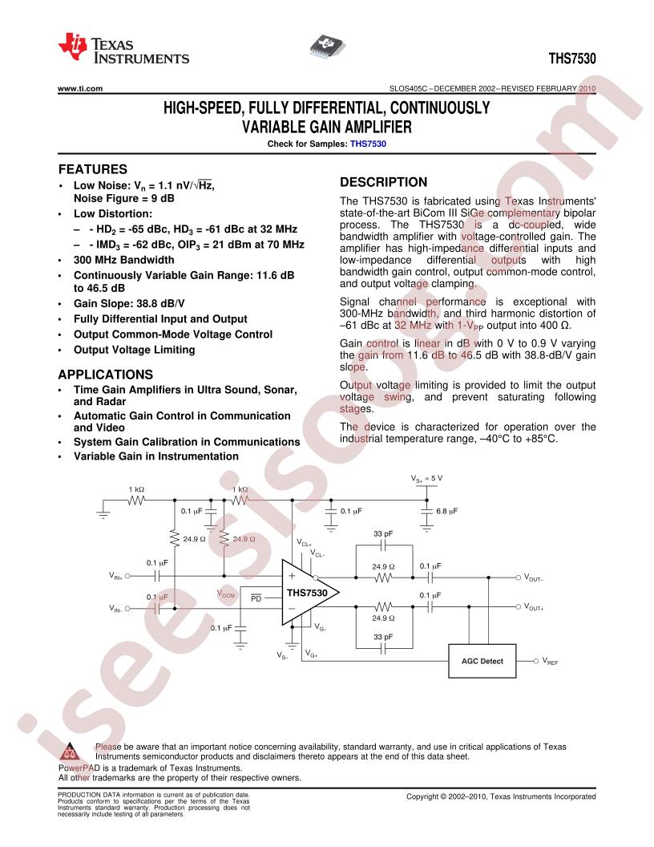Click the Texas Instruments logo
[124, 49]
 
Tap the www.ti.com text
[80, 89]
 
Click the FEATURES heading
[93, 169]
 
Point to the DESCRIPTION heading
[383, 182]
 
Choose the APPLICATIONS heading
[106, 374]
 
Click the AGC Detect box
[482, 661]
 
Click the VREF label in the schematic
[550, 662]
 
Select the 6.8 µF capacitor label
[446, 510]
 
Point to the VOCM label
[226, 594]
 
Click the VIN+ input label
[117, 576]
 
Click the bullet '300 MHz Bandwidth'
[123, 260]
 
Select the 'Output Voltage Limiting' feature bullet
[134, 349]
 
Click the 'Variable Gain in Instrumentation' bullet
[155, 456]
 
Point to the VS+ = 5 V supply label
[426, 478]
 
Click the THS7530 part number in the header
[572, 59]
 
